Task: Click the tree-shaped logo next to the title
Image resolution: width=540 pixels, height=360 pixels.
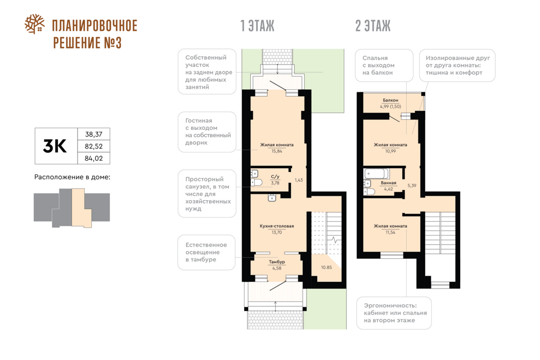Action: (34, 24)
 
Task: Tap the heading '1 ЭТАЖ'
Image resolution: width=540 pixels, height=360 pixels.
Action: (257, 26)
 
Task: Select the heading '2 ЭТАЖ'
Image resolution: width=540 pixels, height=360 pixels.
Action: (373, 26)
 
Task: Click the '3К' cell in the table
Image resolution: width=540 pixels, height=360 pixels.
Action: (56, 146)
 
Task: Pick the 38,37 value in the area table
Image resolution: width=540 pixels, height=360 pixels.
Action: (94, 134)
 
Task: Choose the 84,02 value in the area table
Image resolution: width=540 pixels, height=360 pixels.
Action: (94, 158)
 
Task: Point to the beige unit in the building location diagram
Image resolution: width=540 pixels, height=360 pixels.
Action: (81, 208)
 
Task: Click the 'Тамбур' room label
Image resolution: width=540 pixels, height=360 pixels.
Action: (277, 262)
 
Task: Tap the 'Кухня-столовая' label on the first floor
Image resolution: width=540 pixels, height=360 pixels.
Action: (277, 226)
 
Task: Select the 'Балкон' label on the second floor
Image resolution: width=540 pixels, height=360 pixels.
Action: (390, 100)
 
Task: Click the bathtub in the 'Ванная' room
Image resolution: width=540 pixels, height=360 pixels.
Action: (377, 173)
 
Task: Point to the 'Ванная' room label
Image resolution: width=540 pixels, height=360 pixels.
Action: (389, 183)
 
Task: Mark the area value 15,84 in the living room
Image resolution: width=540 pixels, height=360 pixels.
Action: (277, 151)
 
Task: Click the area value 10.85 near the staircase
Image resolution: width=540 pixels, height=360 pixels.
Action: (326, 267)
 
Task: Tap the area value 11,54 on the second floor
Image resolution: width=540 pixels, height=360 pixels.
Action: (390, 232)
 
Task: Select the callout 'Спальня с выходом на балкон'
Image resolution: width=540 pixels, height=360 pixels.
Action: (384, 65)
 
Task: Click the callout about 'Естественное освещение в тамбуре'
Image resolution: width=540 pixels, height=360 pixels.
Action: (206, 252)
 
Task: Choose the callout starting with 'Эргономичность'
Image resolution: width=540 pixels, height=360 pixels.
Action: (394, 313)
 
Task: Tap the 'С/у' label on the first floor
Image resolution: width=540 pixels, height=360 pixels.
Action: (275, 177)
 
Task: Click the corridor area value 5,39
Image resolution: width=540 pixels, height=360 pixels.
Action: (412, 185)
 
